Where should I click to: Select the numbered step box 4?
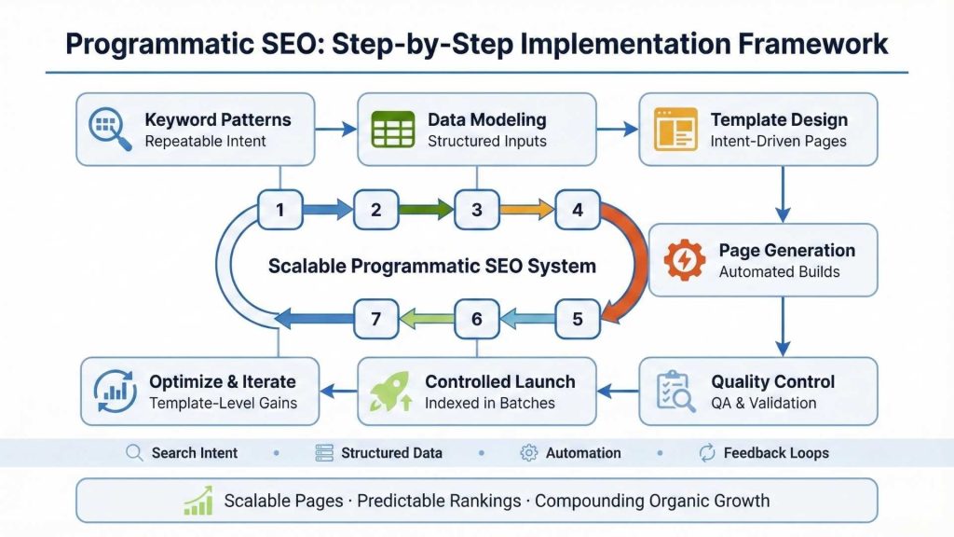[578, 210]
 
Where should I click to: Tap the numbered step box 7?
[376, 319]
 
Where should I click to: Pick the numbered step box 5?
[578, 319]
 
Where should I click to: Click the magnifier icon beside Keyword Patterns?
[108, 130]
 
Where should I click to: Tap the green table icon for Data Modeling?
[392, 130]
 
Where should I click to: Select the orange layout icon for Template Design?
[675, 130]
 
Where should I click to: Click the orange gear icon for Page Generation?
[684, 260]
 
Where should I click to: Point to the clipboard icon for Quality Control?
[675, 392]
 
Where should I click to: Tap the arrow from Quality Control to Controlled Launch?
[617, 392]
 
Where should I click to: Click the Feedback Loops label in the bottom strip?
[775, 453]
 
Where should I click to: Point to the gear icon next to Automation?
[528, 453]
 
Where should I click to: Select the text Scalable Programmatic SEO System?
[431, 266]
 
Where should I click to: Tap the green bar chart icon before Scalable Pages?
[198, 501]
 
